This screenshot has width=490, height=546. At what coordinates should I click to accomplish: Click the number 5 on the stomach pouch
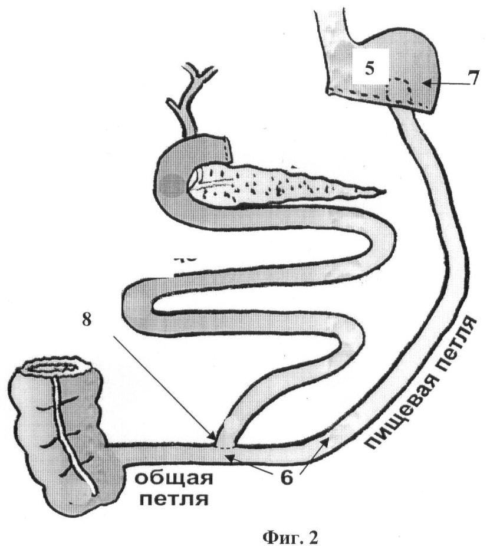(x=369, y=69)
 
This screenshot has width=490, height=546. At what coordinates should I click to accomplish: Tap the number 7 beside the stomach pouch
(x=470, y=79)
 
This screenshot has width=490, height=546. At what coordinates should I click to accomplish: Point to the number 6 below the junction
(x=286, y=477)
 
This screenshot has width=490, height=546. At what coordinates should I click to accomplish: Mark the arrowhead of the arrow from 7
(x=426, y=85)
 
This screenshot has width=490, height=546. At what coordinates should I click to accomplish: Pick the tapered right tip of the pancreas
(x=377, y=192)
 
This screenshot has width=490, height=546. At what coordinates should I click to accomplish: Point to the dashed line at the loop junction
(x=224, y=447)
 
